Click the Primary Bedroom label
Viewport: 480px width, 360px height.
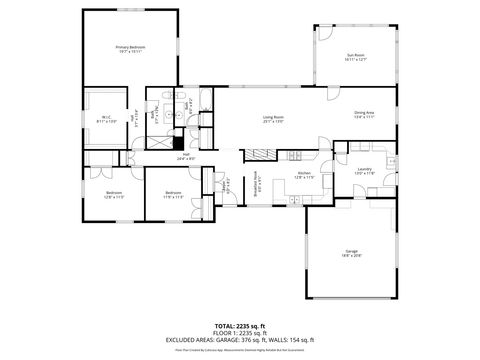[x=129, y=49]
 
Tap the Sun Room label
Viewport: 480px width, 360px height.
[x=356, y=57]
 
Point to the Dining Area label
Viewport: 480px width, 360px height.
[x=364, y=115]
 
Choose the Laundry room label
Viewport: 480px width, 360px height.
[x=365, y=171]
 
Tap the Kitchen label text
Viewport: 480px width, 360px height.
[x=306, y=176]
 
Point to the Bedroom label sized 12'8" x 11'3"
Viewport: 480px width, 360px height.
[x=114, y=194]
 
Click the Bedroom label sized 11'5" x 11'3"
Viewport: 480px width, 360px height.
[x=173, y=194]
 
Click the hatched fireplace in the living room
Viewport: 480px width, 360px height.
[x=259, y=154]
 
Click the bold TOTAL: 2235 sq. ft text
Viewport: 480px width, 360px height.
[x=240, y=325]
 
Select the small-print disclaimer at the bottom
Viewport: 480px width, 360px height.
[x=240, y=350]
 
